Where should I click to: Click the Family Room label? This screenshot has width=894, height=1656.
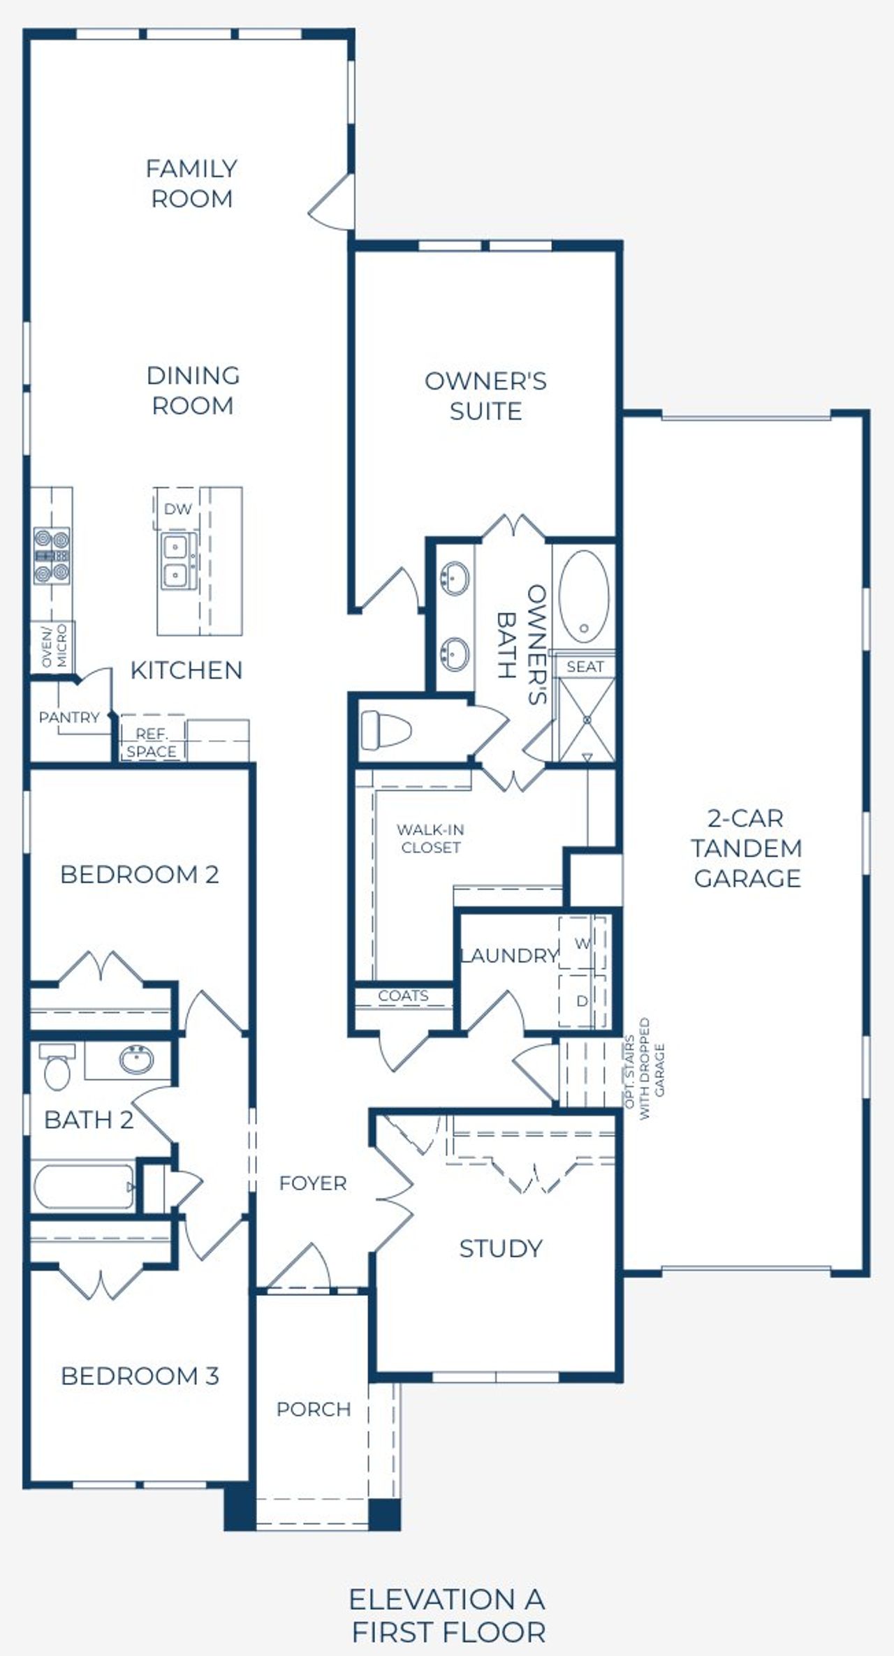click(x=191, y=184)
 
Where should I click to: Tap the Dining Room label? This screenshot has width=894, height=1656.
click(x=193, y=390)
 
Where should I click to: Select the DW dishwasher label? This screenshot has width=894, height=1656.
click(x=177, y=510)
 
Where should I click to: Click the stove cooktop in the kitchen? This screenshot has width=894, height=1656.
click(x=52, y=556)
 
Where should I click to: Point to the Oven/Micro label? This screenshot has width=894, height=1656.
click(x=54, y=646)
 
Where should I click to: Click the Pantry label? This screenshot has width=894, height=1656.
click(x=69, y=717)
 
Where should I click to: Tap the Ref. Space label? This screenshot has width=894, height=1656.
click(x=152, y=743)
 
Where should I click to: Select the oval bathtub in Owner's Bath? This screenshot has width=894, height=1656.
click(x=584, y=596)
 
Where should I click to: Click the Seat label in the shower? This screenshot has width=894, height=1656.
click(x=585, y=667)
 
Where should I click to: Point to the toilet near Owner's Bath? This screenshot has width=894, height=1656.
click(x=386, y=730)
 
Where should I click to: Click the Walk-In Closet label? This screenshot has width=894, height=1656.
click(x=430, y=838)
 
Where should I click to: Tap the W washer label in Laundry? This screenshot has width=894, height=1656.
click(x=582, y=944)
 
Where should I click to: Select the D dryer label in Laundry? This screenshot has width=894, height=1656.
click(x=582, y=1001)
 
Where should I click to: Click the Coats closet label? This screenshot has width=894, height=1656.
click(x=403, y=996)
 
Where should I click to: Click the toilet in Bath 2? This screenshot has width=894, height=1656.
click(x=57, y=1067)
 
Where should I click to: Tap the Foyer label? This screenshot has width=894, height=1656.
click(x=313, y=1183)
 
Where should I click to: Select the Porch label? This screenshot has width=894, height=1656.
click(x=314, y=1410)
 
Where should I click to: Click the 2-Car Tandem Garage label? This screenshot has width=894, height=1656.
click(x=747, y=848)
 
